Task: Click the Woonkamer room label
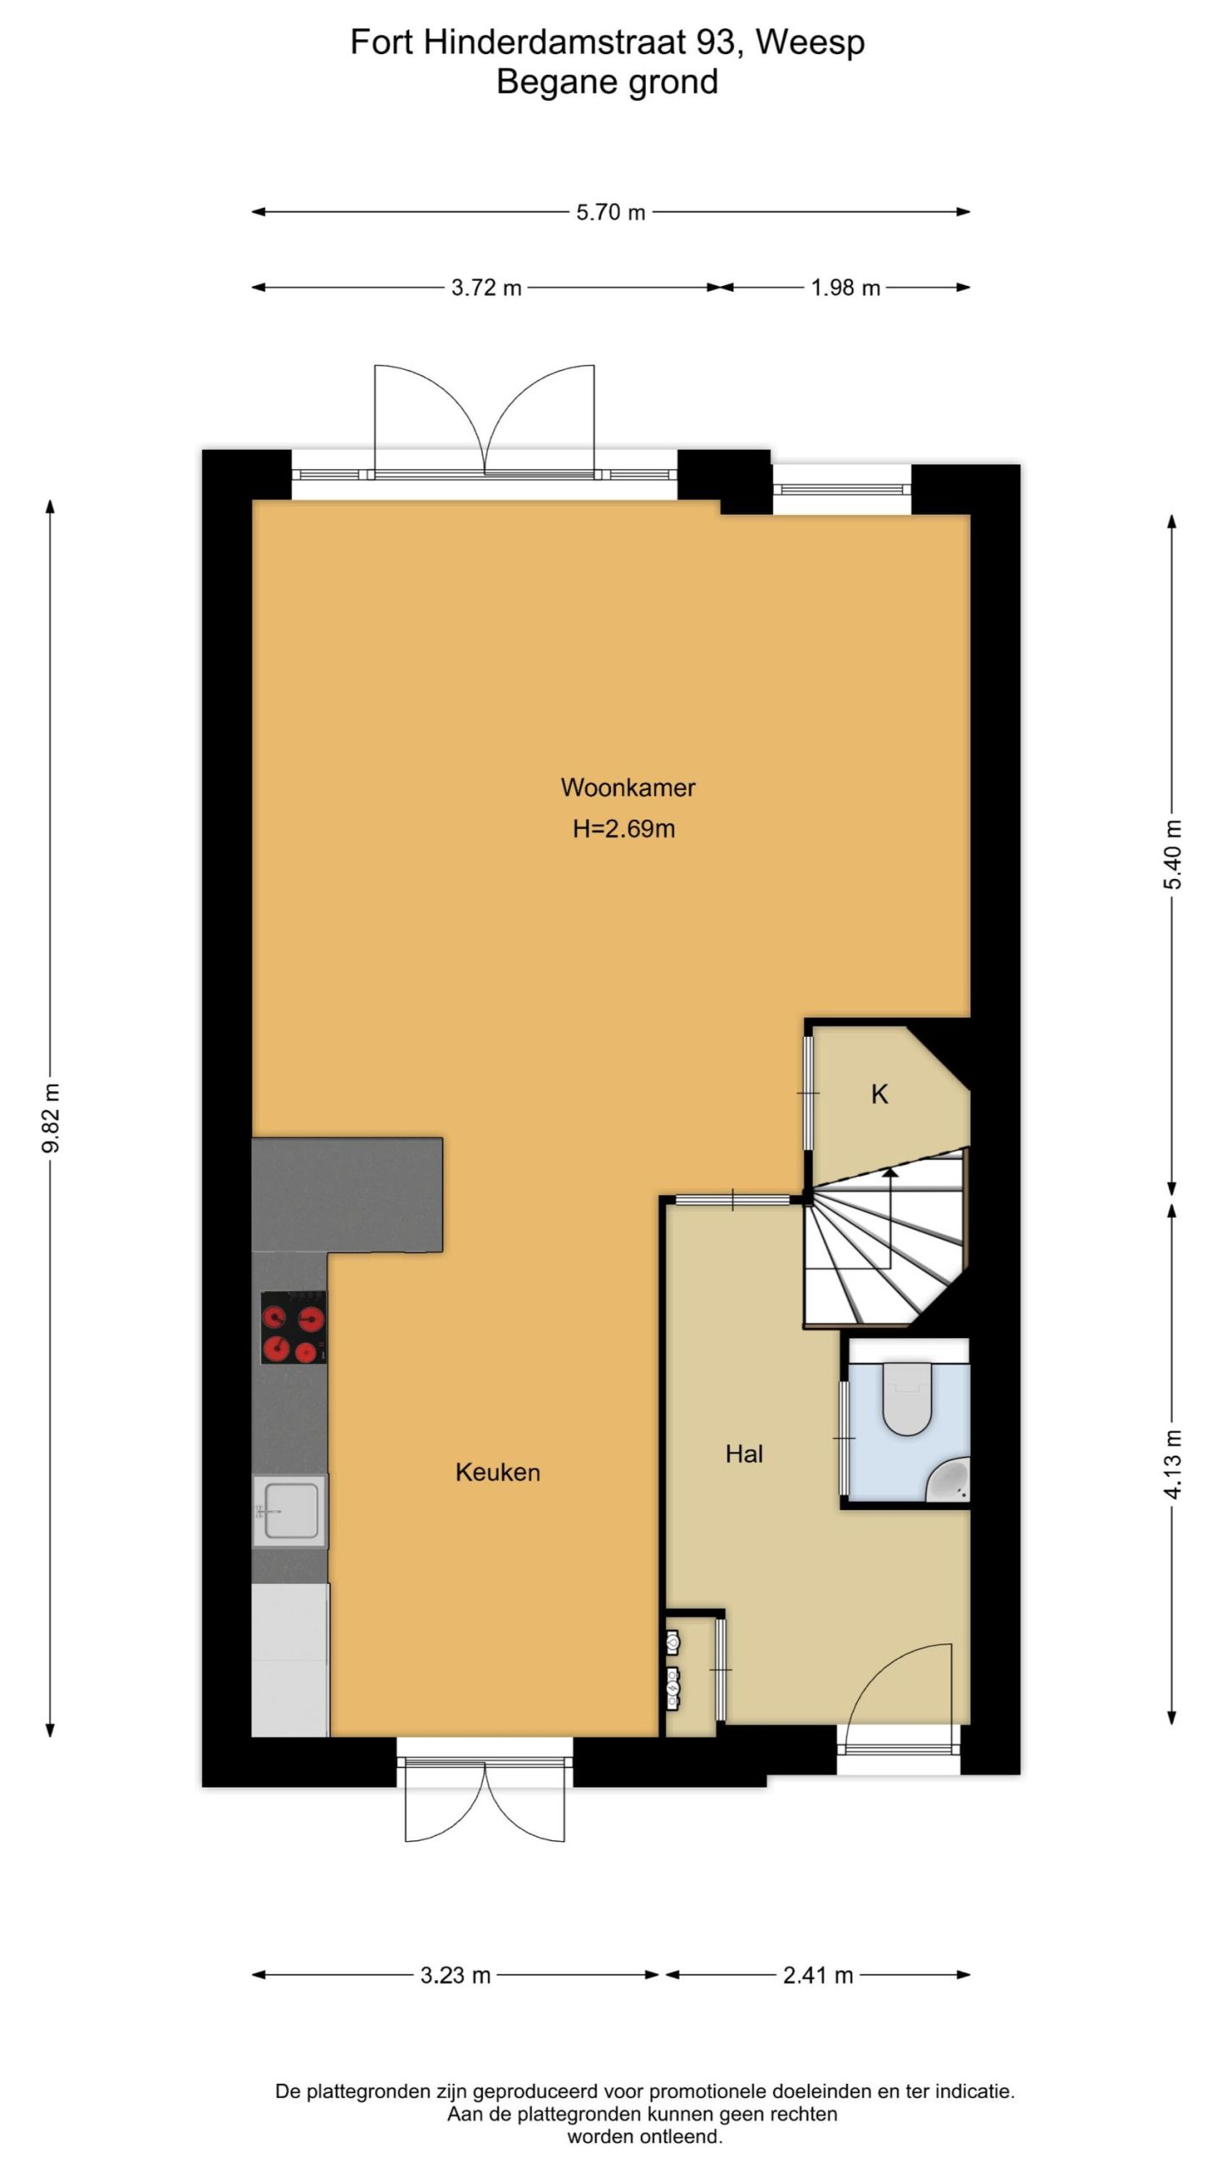point(628,787)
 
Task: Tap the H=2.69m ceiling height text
point(624,829)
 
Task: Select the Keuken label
point(497,1472)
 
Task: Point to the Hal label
point(744,1454)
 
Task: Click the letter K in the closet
point(879,1094)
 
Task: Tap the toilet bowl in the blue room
point(907,1398)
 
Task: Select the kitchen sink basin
point(290,1511)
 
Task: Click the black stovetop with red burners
point(294,1328)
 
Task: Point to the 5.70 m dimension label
point(611,212)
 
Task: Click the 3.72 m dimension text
point(486,288)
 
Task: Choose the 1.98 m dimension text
point(845,288)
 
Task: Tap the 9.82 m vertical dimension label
point(51,1117)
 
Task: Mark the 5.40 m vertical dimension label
point(1172,854)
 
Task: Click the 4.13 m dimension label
point(1172,1465)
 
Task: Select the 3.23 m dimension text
point(456,1975)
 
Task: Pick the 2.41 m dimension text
point(818,1975)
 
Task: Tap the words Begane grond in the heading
point(607,82)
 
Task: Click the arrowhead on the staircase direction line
point(889,1174)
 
